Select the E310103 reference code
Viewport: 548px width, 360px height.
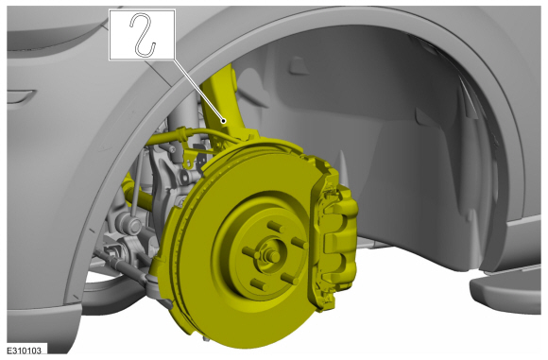25,351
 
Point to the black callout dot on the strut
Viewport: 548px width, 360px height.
224,121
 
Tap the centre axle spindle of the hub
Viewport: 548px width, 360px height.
272,256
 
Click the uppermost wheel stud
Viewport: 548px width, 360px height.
276,227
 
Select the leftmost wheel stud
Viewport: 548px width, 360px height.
250,252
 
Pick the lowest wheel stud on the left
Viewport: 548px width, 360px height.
259,283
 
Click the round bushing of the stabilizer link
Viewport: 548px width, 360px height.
130,224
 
